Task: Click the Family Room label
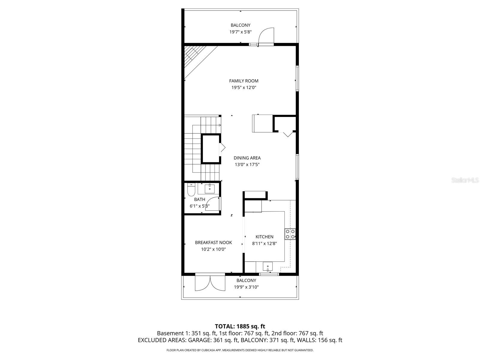coord(244,81)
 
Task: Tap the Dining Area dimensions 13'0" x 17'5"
coord(247,164)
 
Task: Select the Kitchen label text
coord(264,237)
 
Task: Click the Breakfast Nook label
coord(213,242)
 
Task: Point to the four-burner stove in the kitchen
coord(290,234)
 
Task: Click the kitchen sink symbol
coord(268,266)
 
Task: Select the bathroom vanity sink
coord(209,189)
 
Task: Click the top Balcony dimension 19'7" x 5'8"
coord(240,32)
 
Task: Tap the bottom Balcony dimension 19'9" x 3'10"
coord(246,287)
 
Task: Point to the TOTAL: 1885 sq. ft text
coord(240,326)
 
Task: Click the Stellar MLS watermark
coord(465,180)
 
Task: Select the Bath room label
coord(199,199)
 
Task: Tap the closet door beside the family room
coord(288,134)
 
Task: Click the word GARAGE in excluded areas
coord(199,340)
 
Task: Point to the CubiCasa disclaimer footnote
coord(240,350)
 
